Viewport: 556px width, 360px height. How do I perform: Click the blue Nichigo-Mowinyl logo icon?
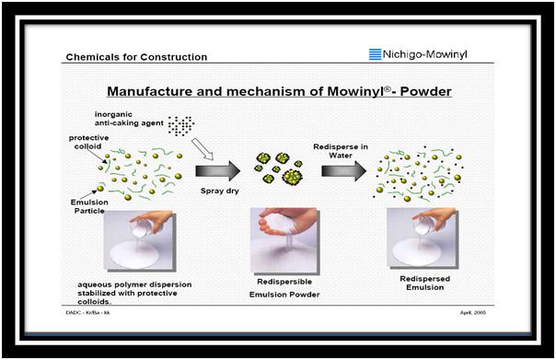pos(376,54)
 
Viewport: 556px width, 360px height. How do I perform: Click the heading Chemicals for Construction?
pos(136,57)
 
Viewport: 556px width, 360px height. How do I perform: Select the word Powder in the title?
pos(425,91)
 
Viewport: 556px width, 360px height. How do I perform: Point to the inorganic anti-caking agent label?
pos(129,119)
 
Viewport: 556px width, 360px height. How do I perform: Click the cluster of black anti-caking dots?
pos(180,125)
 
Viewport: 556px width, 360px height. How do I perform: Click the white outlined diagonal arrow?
pos(203,149)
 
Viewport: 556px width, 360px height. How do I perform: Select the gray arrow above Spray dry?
pos(218,171)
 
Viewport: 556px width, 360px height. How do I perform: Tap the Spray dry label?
pos(220,191)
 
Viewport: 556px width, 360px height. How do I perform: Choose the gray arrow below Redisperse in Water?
pos(343,171)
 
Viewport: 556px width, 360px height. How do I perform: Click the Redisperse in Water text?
pos(341,151)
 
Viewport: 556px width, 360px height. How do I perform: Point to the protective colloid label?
pos(88,142)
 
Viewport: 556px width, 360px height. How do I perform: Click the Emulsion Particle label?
pos(89,206)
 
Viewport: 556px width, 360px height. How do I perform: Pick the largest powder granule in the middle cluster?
pos(292,176)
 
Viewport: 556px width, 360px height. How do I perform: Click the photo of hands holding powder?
pos(285,241)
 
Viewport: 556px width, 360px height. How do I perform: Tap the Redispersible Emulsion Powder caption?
pos(284,288)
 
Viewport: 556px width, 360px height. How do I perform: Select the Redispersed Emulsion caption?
pos(424,283)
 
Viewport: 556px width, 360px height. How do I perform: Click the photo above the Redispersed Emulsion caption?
pos(423,238)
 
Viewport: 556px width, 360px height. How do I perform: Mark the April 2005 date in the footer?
pos(473,312)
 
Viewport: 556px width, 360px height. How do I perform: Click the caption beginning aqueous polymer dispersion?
pos(134,293)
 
